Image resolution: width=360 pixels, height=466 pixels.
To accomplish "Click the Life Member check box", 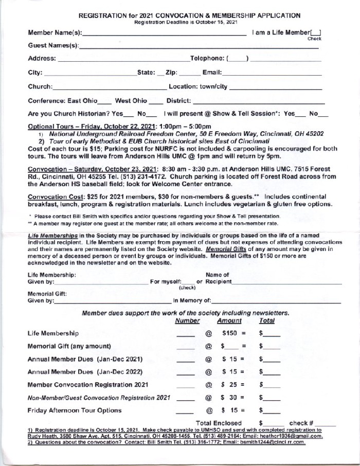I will pos(322,32).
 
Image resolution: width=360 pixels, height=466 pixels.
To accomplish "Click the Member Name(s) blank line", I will pos(165,34).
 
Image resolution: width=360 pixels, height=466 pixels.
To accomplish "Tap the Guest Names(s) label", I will pos(53,45).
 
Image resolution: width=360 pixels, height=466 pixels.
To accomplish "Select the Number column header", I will pos(187,320).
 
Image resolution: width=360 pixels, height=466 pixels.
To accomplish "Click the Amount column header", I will pos(229,320).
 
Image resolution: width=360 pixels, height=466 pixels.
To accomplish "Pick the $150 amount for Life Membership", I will pos(229,333).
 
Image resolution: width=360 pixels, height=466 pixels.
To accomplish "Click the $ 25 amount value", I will pos(229,384).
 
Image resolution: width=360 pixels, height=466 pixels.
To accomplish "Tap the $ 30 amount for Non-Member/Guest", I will pos(229,397).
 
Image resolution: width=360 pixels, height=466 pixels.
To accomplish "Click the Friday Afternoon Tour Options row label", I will pos(75,410).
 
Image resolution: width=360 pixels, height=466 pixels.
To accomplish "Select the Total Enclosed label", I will pos(219,423).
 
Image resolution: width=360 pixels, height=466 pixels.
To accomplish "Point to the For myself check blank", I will pos(189,282).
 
